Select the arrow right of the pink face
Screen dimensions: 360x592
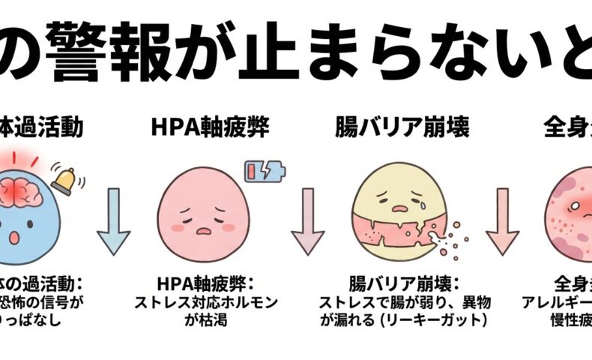[x=306, y=221]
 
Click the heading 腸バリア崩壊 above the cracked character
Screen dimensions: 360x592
[x=402, y=127]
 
